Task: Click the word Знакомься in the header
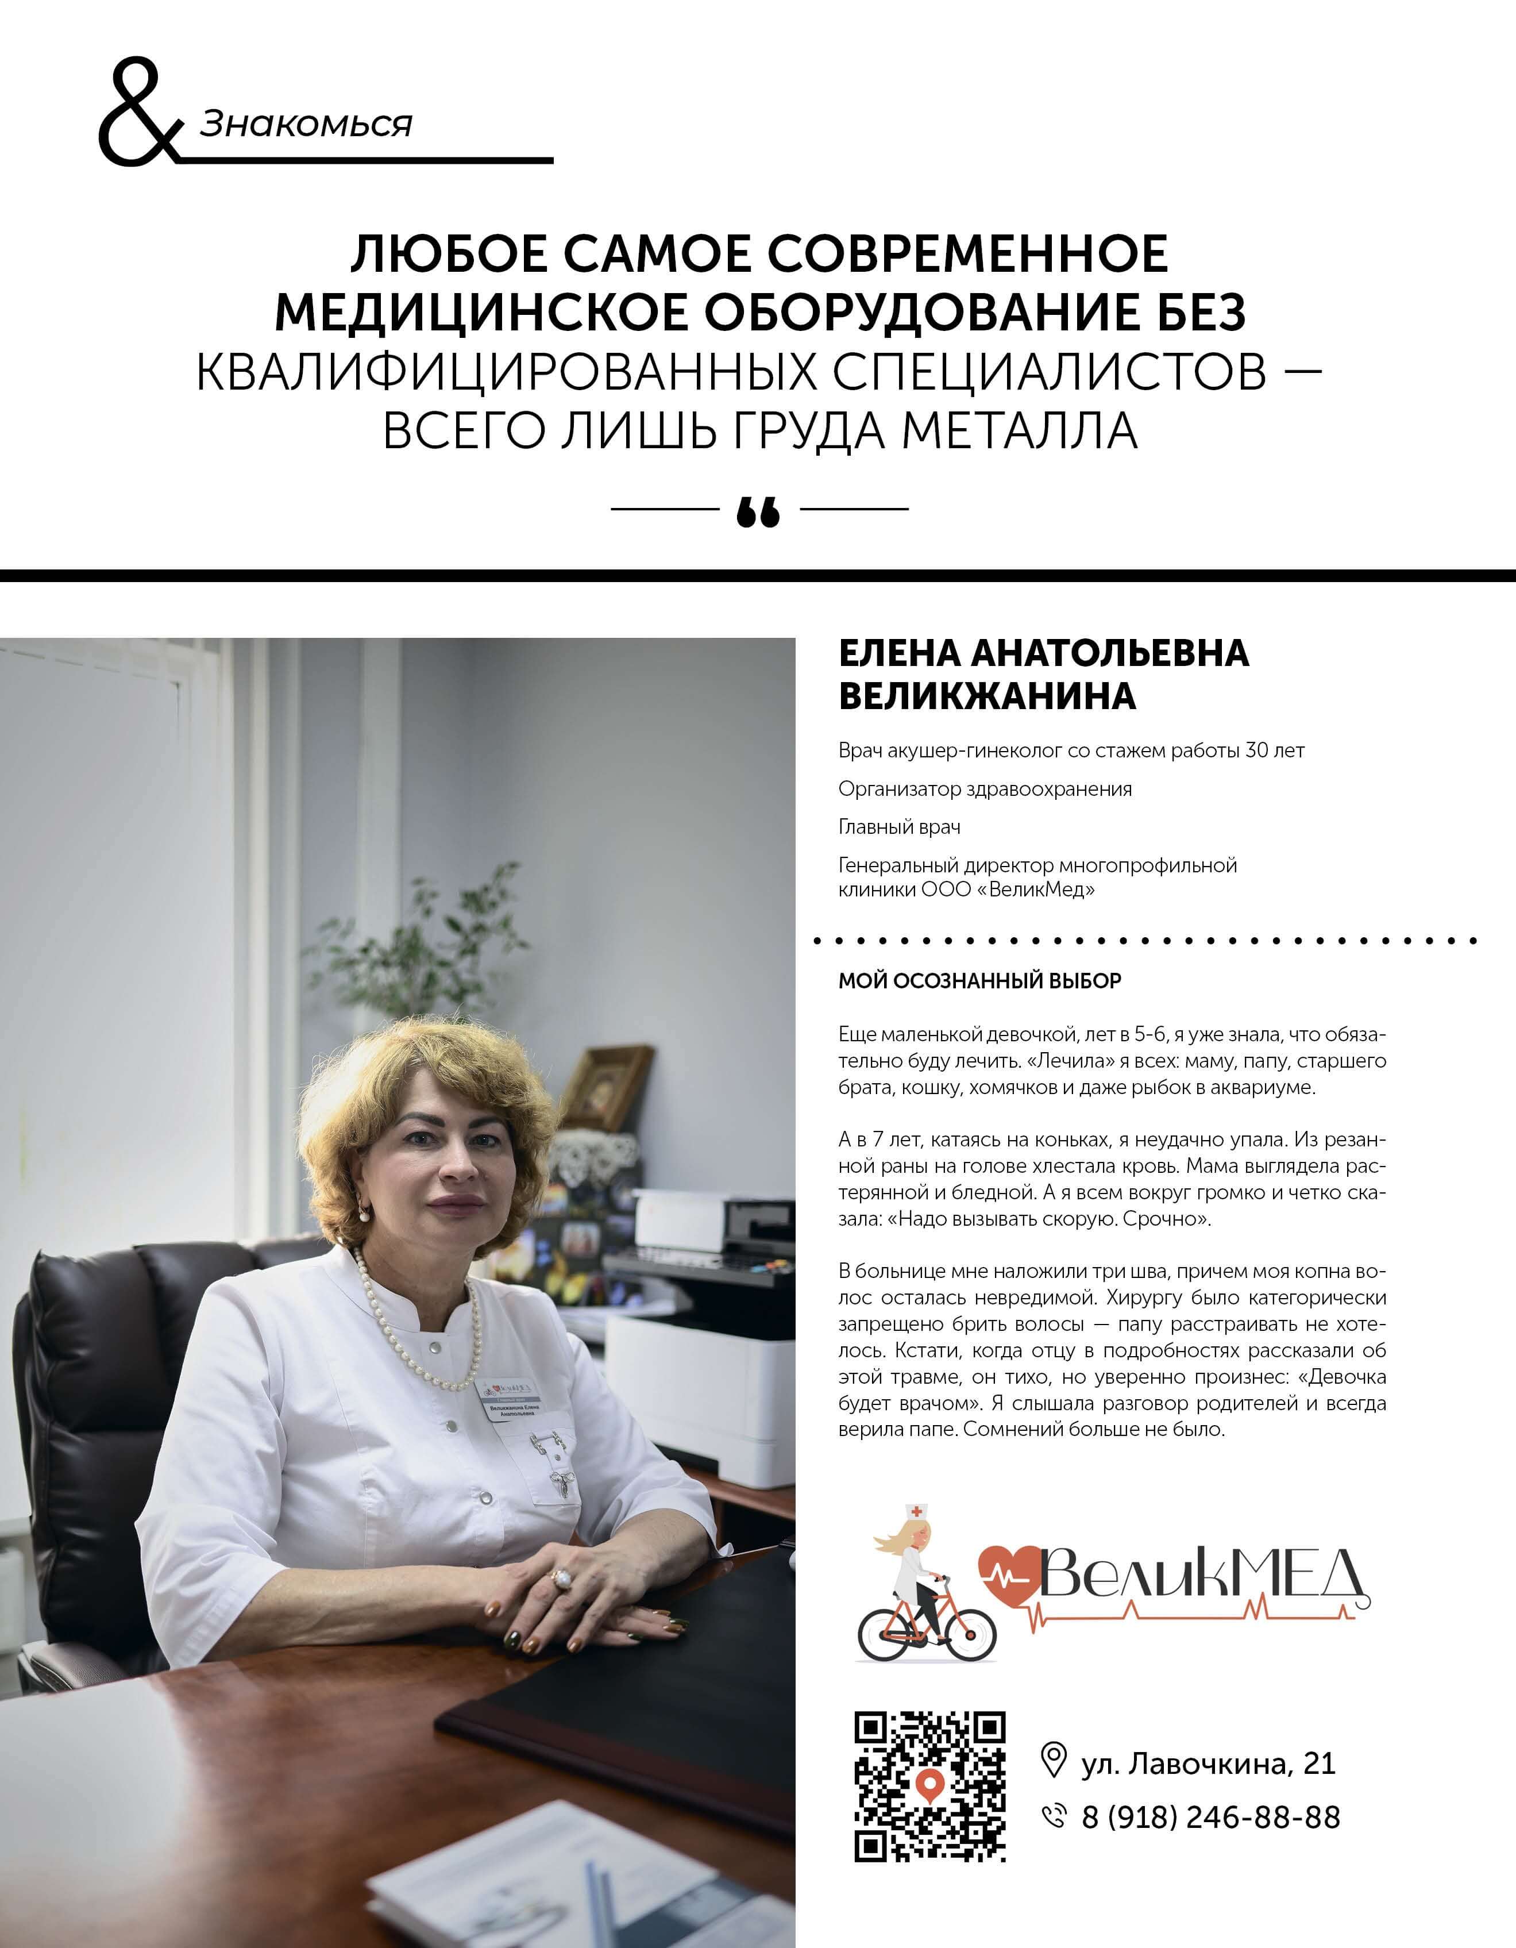[x=306, y=124]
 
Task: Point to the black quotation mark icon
[x=758, y=513]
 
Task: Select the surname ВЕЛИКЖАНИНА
[x=987, y=696]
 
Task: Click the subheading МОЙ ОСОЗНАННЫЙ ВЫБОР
[x=979, y=981]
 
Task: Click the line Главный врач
[x=899, y=827]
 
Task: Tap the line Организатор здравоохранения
[x=985, y=788]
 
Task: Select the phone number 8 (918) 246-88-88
[x=1210, y=1817]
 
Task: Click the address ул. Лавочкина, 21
[x=1208, y=1764]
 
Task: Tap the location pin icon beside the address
[x=1053, y=1760]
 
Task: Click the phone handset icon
[x=1054, y=1815]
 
